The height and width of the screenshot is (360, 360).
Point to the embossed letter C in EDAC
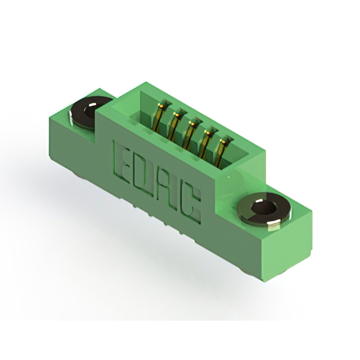tap(191, 205)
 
